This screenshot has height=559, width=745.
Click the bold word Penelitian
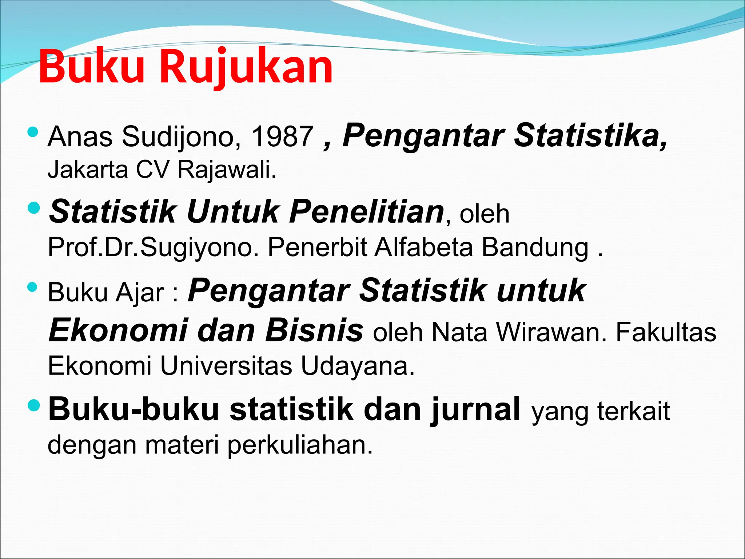(x=367, y=212)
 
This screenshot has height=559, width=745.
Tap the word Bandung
(x=535, y=247)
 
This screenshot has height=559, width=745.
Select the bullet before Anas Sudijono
(x=33, y=132)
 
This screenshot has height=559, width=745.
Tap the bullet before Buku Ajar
(x=33, y=288)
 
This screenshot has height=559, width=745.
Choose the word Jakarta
(x=88, y=170)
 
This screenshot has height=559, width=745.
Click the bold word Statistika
(x=591, y=135)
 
